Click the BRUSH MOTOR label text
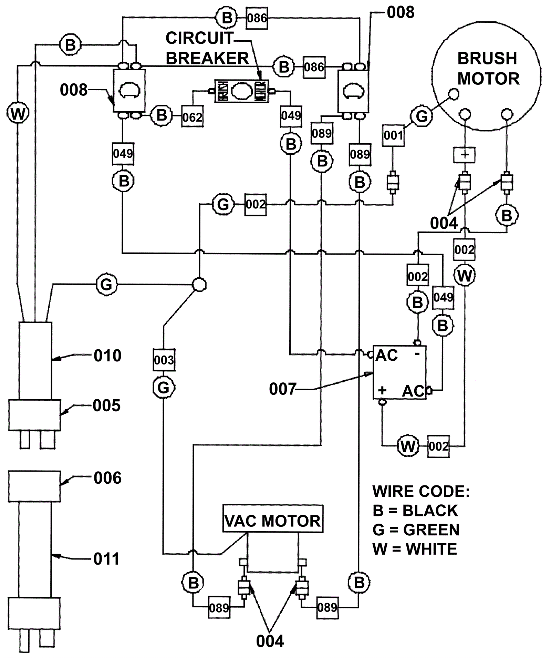coord(488,69)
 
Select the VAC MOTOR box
coord(272,521)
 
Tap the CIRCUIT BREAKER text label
coord(207,48)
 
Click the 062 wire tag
coord(192,117)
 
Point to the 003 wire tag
coord(164,360)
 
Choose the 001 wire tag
coord(393,135)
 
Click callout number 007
coord(282,389)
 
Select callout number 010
coord(107,356)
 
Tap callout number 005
coord(107,405)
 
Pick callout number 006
coord(107,478)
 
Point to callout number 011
coord(106,559)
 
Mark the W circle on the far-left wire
coord(18,113)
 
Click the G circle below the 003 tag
coord(164,388)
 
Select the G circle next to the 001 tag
coord(422,116)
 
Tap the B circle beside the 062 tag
coord(162,115)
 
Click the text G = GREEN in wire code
coord(416,530)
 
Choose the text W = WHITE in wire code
coord(415,549)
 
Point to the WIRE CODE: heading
coord(421,491)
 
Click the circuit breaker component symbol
coord(242,91)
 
